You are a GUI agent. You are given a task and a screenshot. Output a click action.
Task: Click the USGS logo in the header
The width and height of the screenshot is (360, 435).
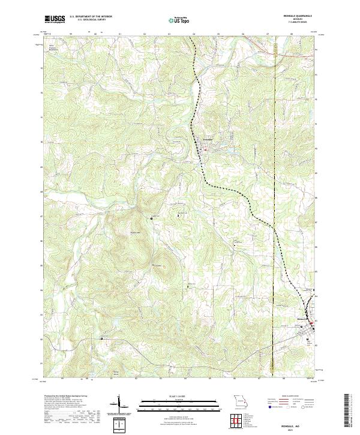(55, 19)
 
